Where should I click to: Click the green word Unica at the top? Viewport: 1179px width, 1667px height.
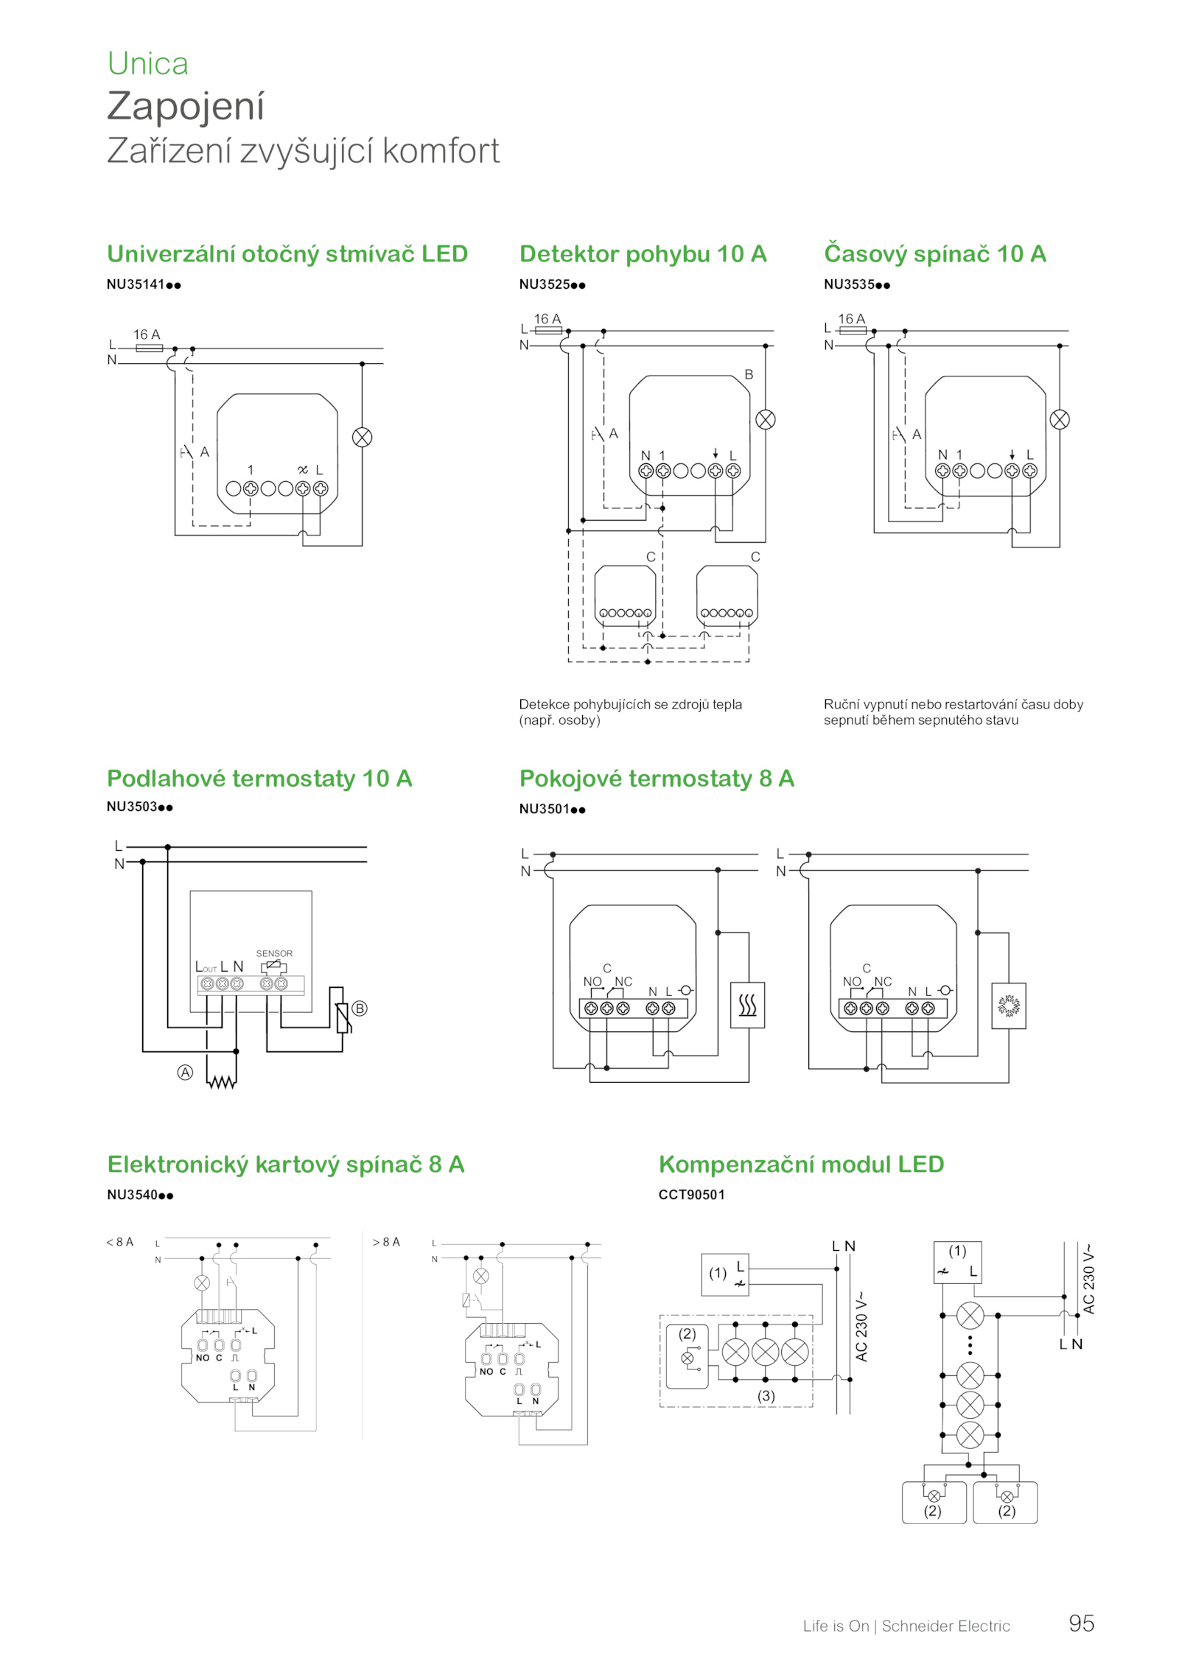(147, 63)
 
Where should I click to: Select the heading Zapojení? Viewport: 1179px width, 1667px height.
(186, 106)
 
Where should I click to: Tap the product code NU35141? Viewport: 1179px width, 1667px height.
(135, 284)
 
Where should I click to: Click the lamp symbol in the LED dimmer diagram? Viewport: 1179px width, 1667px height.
(362, 438)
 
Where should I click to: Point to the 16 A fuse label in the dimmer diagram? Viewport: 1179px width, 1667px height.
(147, 334)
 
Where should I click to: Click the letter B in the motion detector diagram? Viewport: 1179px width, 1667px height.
(749, 374)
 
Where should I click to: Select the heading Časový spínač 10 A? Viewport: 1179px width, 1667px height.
(934, 253)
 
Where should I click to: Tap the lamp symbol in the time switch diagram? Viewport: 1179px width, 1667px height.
(1060, 420)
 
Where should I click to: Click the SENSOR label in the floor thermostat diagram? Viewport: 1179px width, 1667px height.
(274, 953)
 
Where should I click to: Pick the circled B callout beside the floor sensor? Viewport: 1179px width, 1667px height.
(360, 1008)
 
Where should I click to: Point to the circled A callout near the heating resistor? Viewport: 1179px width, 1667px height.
(186, 1073)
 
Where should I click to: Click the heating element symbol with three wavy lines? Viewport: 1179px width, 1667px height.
(747, 1005)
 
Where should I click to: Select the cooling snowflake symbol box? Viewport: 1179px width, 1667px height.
(1008, 1006)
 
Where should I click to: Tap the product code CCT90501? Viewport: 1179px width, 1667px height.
(691, 1195)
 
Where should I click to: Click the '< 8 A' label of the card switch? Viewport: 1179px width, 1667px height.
(120, 1242)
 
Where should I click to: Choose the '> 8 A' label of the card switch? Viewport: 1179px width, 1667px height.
(386, 1242)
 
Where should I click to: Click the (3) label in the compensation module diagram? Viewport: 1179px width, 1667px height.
(766, 1396)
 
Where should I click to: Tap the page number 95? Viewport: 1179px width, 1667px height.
(1081, 1624)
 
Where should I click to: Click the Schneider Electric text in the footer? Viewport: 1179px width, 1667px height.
(945, 1626)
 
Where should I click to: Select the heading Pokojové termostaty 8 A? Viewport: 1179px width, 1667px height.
(657, 778)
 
